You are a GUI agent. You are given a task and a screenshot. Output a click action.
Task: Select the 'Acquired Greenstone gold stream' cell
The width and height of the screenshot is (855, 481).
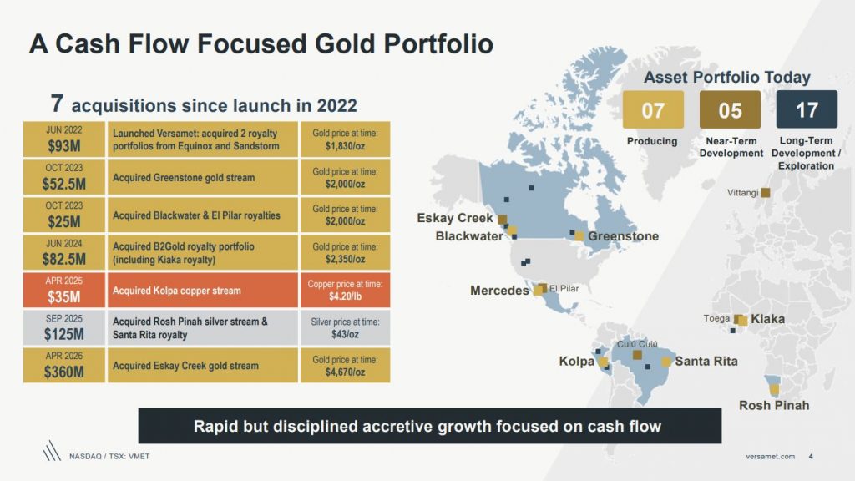(203, 177)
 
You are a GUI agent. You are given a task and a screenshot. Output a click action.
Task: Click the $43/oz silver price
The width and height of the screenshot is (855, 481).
(345, 334)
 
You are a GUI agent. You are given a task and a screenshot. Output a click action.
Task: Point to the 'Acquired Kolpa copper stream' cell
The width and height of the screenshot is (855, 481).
(203, 291)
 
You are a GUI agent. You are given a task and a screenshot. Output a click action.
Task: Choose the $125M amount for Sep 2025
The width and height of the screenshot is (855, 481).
(63, 335)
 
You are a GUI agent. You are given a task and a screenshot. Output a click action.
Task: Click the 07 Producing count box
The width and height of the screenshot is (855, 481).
(652, 110)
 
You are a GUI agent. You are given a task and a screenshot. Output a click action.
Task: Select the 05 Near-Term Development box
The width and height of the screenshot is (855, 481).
(731, 110)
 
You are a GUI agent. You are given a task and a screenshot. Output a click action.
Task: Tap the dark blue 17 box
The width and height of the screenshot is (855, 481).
(807, 110)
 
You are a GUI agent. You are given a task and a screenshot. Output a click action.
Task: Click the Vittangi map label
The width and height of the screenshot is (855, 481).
(742, 193)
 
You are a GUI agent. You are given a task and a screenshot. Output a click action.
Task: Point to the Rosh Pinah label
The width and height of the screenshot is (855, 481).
(774, 406)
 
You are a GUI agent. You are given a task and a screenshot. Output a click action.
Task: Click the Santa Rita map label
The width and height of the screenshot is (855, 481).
(706, 362)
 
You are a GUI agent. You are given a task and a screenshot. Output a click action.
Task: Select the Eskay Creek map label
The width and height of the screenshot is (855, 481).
(455, 218)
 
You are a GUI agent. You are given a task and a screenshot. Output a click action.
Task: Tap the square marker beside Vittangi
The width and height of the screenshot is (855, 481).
(766, 193)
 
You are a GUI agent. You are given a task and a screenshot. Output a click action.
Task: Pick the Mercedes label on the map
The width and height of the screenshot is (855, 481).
(499, 291)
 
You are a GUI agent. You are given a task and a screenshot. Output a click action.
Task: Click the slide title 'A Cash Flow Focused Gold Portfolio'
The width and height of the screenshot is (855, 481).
(261, 43)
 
